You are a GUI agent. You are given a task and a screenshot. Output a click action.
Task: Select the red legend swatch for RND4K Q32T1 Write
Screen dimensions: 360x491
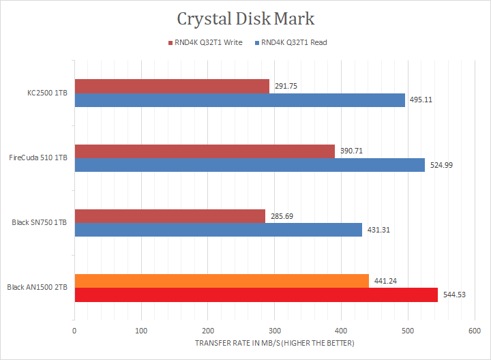[x=170, y=42]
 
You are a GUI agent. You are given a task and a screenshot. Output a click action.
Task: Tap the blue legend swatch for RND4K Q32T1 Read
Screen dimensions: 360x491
[x=257, y=42]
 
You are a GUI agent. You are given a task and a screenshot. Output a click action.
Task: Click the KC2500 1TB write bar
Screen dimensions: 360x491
[x=172, y=86]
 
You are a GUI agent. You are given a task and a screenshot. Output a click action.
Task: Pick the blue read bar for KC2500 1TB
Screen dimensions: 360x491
[x=239, y=100]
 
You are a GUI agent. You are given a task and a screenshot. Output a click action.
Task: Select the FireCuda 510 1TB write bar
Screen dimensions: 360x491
[x=205, y=151]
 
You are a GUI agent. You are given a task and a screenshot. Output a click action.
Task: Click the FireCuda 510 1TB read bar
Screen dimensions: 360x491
[x=250, y=165]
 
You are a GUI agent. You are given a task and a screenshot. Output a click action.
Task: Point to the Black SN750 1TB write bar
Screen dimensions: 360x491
[x=170, y=215]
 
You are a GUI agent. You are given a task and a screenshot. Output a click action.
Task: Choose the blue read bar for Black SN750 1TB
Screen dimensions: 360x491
[x=218, y=230]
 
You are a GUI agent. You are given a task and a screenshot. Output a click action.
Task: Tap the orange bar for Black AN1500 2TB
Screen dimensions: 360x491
[x=222, y=280]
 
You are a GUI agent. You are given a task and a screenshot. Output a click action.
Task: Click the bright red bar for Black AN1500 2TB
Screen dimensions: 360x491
[x=256, y=295]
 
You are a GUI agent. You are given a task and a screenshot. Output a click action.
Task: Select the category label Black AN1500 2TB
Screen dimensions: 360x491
[x=38, y=287]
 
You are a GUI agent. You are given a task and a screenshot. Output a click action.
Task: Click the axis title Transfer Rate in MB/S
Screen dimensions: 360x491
[x=275, y=342]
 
